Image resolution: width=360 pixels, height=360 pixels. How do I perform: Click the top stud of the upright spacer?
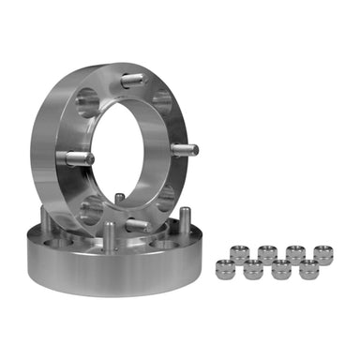click(132, 81)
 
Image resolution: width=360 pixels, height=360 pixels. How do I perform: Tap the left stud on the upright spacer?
click(79, 157)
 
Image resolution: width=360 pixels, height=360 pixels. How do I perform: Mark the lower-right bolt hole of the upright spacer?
click(166, 198)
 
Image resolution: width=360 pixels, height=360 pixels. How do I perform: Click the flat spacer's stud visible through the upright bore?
click(119, 199)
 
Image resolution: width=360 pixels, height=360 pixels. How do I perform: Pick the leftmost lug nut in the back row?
click(240, 254)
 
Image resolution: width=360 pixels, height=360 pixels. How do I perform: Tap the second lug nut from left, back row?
click(267, 254)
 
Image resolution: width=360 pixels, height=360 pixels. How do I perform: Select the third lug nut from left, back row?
click(294, 254)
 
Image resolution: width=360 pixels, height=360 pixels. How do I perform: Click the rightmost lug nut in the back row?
click(322, 254)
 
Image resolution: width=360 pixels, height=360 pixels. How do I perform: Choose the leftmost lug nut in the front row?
click(226, 270)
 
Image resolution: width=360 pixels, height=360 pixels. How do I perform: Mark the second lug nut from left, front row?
click(253, 270)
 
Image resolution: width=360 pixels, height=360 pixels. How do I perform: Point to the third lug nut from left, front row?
click(281, 270)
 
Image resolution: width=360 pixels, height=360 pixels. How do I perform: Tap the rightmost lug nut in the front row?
click(308, 270)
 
